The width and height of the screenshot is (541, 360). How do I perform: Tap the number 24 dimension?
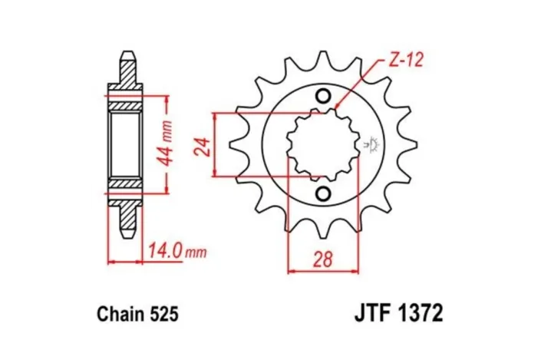click(x=202, y=145)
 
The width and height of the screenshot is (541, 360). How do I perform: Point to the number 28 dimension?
click(x=323, y=259)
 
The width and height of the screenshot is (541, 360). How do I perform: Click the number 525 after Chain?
click(x=164, y=314)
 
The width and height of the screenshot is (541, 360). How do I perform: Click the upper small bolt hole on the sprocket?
click(x=322, y=97)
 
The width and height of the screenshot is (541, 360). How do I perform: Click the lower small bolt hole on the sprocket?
click(x=322, y=193)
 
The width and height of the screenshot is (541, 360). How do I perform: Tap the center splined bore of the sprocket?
click(x=322, y=144)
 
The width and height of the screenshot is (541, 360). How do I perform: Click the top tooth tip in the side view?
click(x=127, y=56)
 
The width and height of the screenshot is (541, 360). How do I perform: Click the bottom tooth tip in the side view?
click(x=127, y=233)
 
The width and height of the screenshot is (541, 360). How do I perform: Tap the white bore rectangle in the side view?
click(x=127, y=145)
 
